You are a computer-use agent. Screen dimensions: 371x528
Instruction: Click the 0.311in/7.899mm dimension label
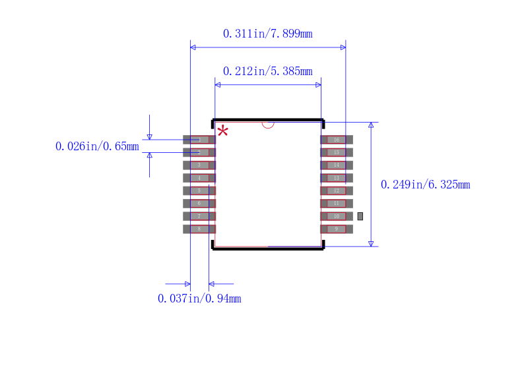tap(267, 34)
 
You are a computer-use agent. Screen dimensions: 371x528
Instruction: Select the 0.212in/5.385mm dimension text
tap(267, 71)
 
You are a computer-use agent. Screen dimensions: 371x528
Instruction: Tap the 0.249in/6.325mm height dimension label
tap(425, 185)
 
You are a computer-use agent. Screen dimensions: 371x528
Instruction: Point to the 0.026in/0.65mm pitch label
tap(97, 146)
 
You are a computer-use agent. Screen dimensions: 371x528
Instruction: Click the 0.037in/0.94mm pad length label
tap(199, 299)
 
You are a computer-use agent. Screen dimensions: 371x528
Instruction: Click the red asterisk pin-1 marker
tap(223, 130)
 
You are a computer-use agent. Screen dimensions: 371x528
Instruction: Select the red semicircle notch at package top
tap(267, 124)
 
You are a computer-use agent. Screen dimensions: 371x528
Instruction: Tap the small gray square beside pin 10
tap(360, 216)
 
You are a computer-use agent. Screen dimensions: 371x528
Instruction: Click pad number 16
tap(337, 140)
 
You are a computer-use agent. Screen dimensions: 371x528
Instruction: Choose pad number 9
tap(337, 229)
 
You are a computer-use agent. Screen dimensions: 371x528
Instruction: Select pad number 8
tap(199, 229)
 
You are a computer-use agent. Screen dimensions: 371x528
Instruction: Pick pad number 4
tap(199, 178)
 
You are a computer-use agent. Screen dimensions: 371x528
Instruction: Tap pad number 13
tap(337, 178)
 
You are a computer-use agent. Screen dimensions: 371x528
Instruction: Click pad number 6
tap(199, 204)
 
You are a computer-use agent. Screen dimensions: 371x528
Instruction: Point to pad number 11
tap(337, 204)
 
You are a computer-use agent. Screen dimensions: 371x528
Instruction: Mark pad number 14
tap(337, 165)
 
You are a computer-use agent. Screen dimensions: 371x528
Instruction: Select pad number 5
tap(199, 190)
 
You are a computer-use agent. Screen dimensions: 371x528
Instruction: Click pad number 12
tap(337, 190)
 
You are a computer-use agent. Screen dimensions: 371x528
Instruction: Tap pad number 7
tap(199, 216)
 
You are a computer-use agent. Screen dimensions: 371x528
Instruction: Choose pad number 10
tap(337, 216)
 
